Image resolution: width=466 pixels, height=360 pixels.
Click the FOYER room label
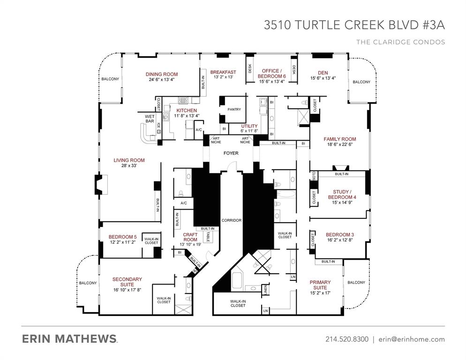231,153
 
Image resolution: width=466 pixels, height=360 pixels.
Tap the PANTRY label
234,110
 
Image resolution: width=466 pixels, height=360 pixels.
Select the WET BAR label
150,119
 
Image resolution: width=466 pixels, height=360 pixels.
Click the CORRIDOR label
231,220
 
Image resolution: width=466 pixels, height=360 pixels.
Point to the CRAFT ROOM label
190,237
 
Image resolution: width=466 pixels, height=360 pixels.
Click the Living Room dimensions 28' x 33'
129,166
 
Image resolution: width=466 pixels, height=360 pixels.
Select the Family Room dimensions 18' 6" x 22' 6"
339,145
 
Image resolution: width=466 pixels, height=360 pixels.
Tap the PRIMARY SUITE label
320,285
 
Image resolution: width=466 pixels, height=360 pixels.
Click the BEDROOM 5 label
122,237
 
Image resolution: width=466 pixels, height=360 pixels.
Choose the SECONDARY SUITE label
127,282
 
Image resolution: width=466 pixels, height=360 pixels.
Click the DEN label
323,73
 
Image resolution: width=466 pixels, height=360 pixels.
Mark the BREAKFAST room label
223,72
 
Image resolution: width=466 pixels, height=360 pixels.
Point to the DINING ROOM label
161,74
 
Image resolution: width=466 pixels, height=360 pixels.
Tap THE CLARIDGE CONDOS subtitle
400,42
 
